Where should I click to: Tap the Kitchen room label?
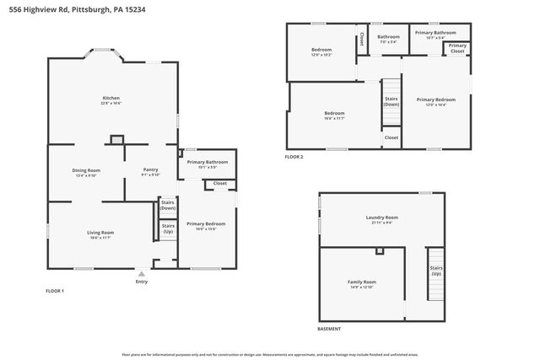pyautogui.click(x=112, y=100)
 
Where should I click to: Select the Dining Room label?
pyautogui.click(x=86, y=172)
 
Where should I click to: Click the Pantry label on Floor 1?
pyautogui.click(x=150, y=172)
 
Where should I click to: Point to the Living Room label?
pyautogui.click(x=100, y=234)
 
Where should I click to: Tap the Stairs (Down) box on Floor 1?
pyautogui.click(x=168, y=205)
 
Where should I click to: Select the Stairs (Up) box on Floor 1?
pyautogui.click(x=168, y=228)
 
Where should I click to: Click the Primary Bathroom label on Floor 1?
pyautogui.click(x=207, y=164)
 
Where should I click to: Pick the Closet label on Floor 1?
pyautogui.click(x=219, y=183)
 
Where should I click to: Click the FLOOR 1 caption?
pyautogui.click(x=55, y=291)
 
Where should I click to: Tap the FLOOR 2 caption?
pyautogui.click(x=294, y=157)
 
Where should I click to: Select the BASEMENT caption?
pyautogui.click(x=330, y=329)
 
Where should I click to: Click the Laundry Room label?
pyautogui.click(x=381, y=219)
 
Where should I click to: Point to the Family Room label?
pyautogui.click(x=361, y=283)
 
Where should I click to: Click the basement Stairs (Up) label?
pyautogui.click(x=436, y=271)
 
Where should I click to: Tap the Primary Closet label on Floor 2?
pyautogui.click(x=456, y=48)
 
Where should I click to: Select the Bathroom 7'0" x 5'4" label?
pyautogui.click(x=388, y=39)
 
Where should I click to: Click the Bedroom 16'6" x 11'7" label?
pyautogui.click(x=334, y=116)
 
